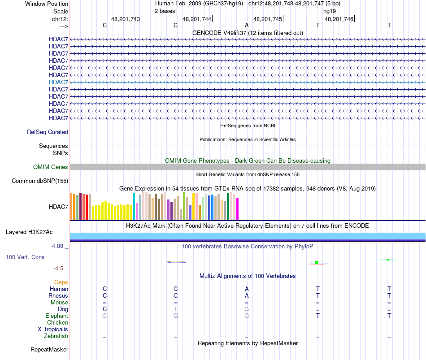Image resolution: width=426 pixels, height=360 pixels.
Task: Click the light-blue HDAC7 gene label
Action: (x=59, y=82)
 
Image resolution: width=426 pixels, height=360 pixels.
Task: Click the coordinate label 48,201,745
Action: (x=268, y=19)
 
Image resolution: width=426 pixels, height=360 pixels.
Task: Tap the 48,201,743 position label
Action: (x=125, y=19)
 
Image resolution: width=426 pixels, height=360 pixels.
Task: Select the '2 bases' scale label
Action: (x=165, y=11)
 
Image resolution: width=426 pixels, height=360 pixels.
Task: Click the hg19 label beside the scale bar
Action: (x=330, y=11)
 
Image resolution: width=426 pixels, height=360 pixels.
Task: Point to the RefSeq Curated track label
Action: (x=48, y=132)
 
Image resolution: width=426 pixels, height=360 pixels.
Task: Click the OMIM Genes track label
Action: (x=51, y=167)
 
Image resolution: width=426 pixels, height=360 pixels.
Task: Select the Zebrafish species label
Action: (x=56, y=336)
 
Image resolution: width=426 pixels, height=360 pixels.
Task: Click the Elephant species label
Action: (x=57, y=316)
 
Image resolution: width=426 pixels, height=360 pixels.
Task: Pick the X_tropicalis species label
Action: (x=53, y=330)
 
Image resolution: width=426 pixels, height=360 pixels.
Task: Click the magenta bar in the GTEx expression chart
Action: (x=238, y=208)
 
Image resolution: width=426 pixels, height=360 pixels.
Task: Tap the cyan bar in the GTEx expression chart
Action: (x=134, y=206)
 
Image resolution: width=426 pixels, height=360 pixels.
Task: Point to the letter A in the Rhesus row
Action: (x=247, y=296)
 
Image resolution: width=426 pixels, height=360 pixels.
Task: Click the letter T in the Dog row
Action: (x=176, y=309)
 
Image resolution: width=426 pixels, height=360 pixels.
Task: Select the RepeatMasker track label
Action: (x=49, y=349)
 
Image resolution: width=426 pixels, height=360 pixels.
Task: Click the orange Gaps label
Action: (x=61, y=282)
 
